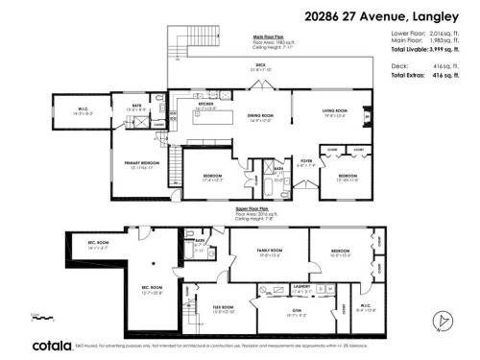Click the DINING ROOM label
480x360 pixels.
[261, 117]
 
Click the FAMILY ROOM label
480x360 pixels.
[268, 252]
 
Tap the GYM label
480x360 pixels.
[297, 309]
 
